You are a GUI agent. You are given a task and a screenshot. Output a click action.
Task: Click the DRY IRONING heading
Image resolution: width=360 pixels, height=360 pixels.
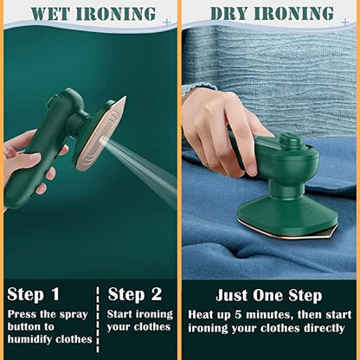point(271,14)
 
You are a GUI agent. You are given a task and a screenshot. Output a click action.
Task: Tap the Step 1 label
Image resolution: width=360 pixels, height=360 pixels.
point(33,294)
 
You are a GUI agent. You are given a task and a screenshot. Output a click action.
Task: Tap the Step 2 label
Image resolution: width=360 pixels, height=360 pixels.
point(135,294)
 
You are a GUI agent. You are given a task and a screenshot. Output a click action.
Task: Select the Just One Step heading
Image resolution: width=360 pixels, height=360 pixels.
point(268,296)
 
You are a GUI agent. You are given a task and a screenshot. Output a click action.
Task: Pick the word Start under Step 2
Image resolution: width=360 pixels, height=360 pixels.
point(123,314)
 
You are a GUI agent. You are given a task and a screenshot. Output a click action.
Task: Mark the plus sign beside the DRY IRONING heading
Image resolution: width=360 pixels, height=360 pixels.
point(345,22)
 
